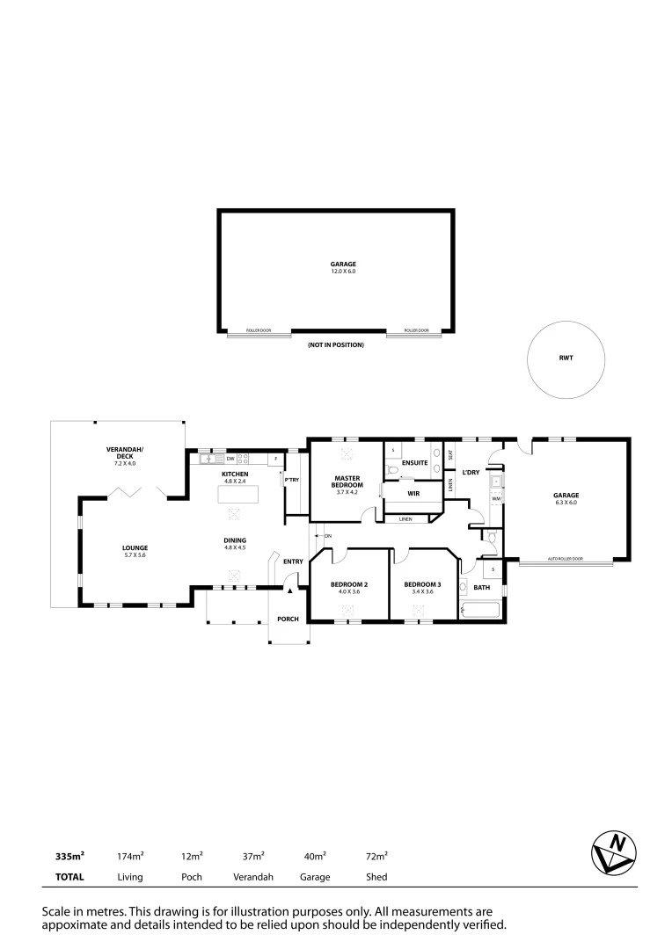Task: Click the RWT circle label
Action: [x=566, y=359]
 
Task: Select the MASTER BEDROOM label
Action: [x=347, y=482]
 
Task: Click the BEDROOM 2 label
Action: [x=348, y=584]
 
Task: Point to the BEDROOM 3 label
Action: [x=422, y=584]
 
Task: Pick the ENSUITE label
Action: [x=414, y=462]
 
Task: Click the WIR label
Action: [x=413, y=494]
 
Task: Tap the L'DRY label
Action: [x=471, y=473]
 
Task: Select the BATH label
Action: [x=482, y=587]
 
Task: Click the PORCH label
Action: [x=288, y=619]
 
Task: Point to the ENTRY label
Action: [x=293, y=561]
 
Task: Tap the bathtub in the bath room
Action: [x=479, y=610]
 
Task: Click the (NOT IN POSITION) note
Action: [x=335, y=345]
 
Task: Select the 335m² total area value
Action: [x=69, y=855]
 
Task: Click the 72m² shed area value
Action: [x=376, y=855]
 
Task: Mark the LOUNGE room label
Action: [x=135, y=547]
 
